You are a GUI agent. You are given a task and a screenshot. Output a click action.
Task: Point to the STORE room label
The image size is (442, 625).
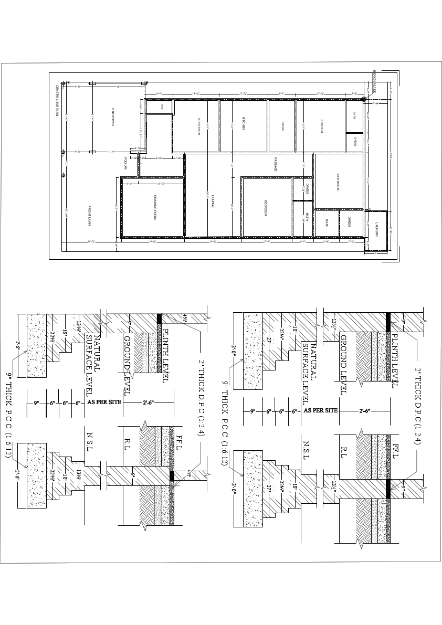pyautogui.click(x=283, y=126)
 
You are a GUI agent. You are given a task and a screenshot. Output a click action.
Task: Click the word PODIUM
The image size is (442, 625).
pyautogui.click(x=125, y=163)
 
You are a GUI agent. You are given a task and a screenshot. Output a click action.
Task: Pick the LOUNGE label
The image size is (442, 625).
pyautogui.click(x=213, y=200)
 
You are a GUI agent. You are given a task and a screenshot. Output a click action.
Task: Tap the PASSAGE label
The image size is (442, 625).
pyautogui.click(x=275, y=165)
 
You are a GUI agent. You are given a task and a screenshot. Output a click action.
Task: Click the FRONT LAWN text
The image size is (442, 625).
pyautogui.click(x=89, y=216)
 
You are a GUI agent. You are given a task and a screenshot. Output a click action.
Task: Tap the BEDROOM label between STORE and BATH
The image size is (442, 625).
pyautogui.click(x=322, y=126)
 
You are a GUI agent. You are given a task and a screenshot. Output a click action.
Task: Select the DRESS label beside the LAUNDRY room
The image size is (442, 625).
pyautogui.click(x=349, y=223)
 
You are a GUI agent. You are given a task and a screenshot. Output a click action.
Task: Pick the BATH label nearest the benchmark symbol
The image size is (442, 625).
pyautogui.click(x=354, y=115)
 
